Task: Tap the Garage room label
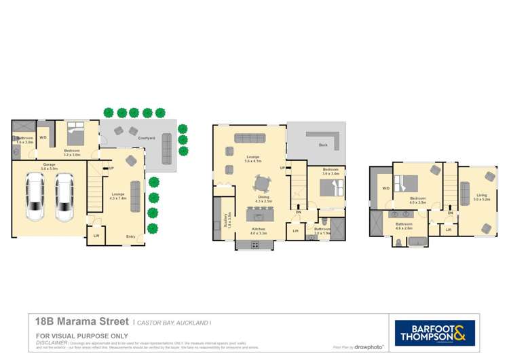tap(49, 165)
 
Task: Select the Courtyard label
tap(146, 138)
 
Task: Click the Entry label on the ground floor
tap(130, 236)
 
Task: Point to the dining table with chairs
tap(262, 184)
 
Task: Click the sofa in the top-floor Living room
tap(466, 193)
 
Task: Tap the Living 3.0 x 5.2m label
tap(481, 197)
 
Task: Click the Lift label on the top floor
tap(449, 230)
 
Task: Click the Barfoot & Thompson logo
tap(435, 334)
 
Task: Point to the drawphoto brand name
tap(369, 347)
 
